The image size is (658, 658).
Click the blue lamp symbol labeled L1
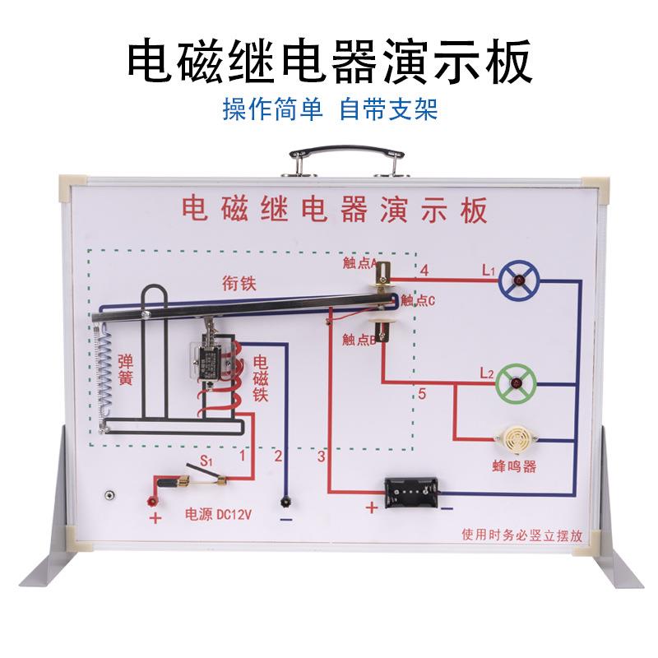521,282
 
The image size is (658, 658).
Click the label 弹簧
127,368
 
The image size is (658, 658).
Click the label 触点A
359,263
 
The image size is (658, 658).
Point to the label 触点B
359,339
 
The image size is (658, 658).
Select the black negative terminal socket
285,501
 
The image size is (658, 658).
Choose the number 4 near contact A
424,271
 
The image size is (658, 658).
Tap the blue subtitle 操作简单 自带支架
328,110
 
